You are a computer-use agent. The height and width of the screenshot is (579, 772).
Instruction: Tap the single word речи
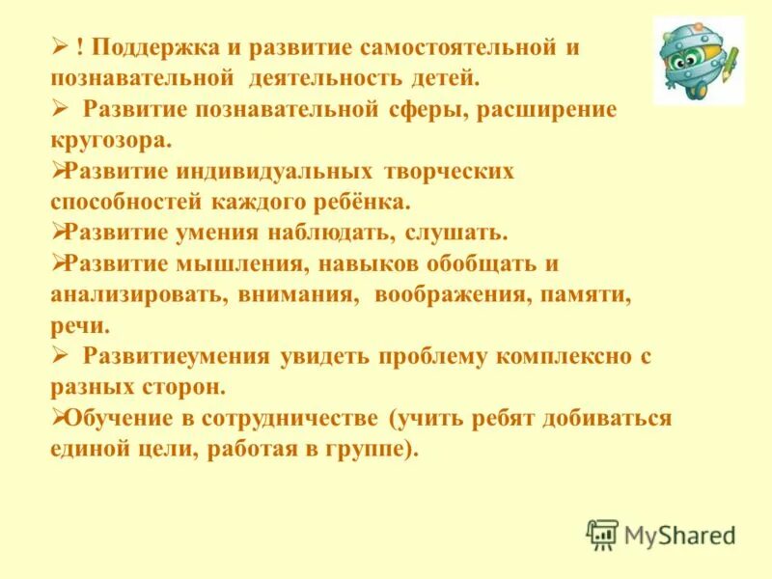79,327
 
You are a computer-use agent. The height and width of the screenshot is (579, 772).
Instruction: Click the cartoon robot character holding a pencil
698,60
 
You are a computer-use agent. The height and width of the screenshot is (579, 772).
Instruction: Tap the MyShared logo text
679,534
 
